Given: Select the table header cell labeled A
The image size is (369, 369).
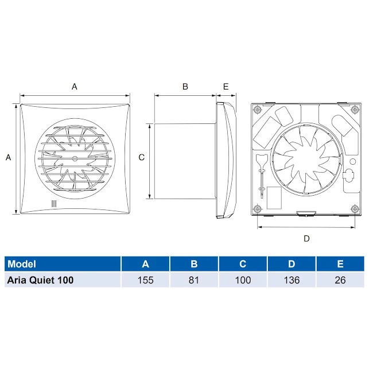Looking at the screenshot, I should pos(145,264).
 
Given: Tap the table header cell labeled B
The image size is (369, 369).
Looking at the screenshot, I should pos(194,264).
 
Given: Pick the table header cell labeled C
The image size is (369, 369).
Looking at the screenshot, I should pos(243,264).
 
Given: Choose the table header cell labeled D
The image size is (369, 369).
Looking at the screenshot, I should pos(292,264).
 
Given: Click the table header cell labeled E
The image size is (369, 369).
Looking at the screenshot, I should pos(340,264).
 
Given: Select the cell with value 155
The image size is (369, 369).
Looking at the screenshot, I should pos(145,280).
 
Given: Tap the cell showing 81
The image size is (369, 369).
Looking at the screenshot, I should pos(194,280).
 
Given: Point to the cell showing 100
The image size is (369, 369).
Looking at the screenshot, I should pos(243,280).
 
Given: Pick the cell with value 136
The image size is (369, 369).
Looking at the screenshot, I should pos(292,280).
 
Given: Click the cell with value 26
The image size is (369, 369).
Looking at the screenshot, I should pos(340,280).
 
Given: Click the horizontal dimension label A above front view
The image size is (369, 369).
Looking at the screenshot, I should pos(74,87).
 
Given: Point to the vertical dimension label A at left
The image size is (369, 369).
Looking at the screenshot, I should pos(8,157).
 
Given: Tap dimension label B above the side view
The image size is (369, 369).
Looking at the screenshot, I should pos(185,87).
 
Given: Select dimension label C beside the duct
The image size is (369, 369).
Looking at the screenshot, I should pos(142,157).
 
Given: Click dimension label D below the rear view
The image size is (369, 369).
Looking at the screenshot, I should pos(306,238).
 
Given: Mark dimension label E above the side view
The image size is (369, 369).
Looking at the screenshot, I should pos(226,87).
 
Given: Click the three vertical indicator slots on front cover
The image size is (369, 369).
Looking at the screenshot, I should pos(53,204).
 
